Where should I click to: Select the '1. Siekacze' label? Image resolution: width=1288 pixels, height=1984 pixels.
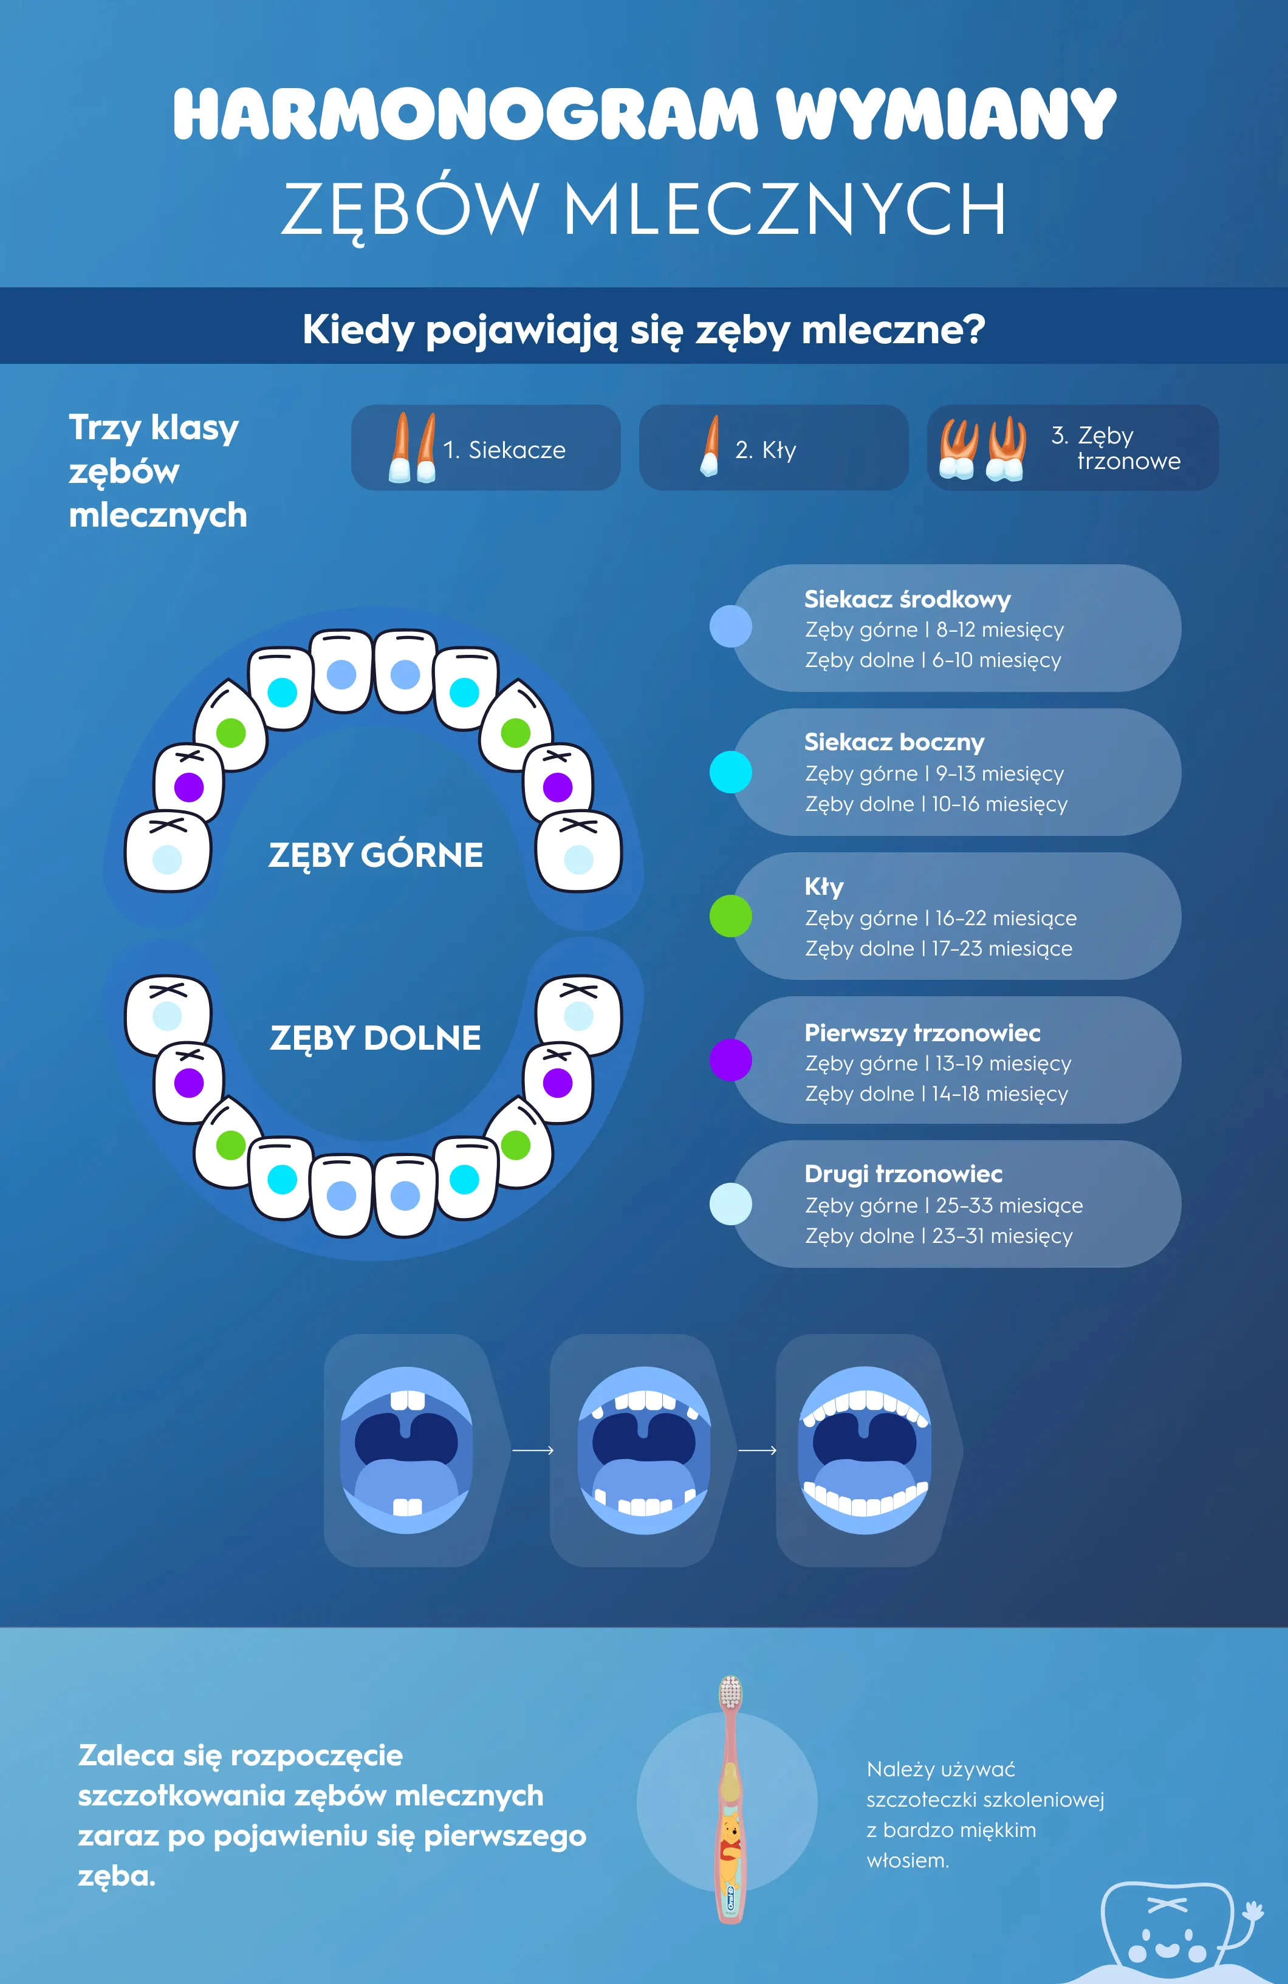[504, 450]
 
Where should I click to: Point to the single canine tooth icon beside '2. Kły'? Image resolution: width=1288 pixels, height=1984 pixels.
[710, 447]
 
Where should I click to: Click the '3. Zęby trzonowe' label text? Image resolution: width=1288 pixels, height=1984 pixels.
[1115, 448]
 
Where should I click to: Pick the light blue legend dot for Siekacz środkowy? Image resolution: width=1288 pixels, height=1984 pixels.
[730, 627]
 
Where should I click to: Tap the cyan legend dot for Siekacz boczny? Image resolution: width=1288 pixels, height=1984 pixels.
[730, 772]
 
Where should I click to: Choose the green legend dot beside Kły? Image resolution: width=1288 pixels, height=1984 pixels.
[730, 916]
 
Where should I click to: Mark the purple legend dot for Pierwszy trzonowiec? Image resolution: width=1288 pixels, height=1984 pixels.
[730, 1061]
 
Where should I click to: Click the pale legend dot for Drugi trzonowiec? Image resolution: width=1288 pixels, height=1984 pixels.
[730, 1204]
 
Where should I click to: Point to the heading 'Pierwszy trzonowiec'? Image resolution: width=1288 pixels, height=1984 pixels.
[922, 1033]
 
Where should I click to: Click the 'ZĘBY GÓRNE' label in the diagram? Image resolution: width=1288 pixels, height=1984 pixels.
[375, 855]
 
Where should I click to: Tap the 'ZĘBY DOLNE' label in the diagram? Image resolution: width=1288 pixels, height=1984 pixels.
[375, 1038]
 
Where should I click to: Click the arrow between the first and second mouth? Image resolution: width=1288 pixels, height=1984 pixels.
[533, 1451]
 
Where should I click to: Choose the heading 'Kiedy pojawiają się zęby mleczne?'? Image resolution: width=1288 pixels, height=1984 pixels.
[643, 329]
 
